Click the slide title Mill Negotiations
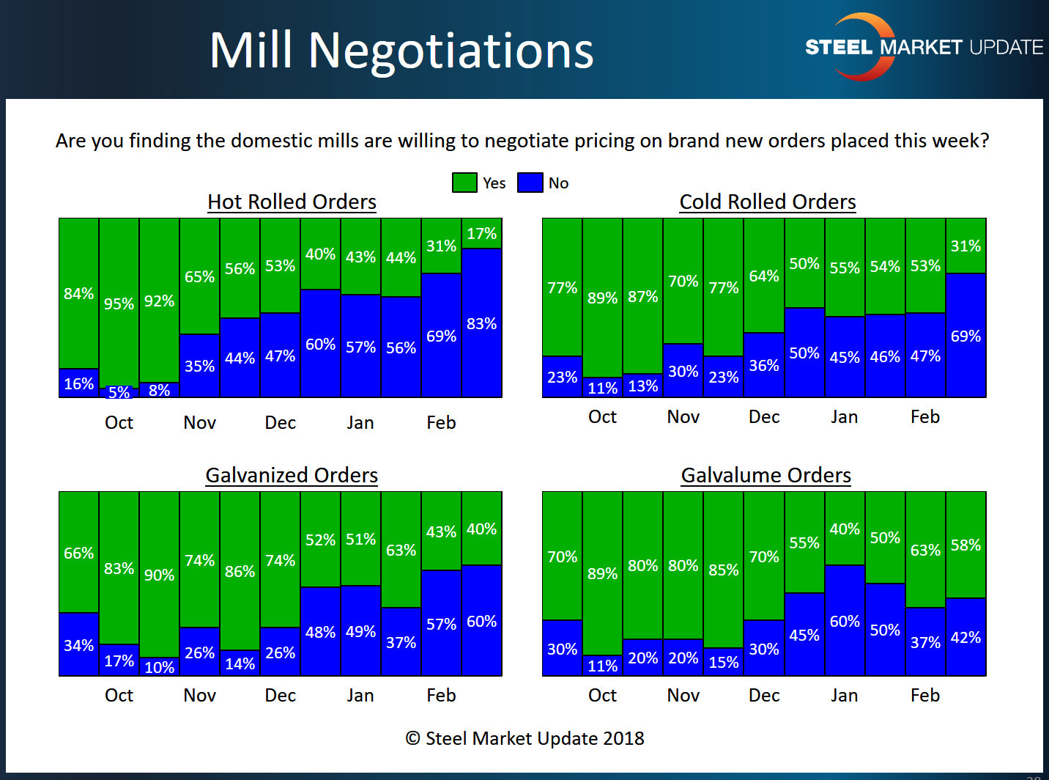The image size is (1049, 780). click(x=401, y=51)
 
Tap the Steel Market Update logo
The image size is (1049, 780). click(x=923, y=47)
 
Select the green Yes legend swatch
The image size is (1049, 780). click(x=464, y=183)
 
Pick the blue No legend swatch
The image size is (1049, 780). click(x=530, y=183)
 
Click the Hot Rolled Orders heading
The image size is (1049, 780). click(x=292, y=202)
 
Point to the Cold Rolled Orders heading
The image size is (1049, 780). click(x=768, y=202)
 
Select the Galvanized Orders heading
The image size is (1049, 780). click(x=292, y=475)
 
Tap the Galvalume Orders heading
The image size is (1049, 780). click(x=766, y=475)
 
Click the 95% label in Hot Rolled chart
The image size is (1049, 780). click(x=119, y=303)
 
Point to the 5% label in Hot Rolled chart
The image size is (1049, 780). click(x=119, y=392)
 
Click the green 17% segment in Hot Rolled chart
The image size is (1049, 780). click(x=482, y=234)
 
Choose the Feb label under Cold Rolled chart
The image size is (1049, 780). click(x=924, y=417)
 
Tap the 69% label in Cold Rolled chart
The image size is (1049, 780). click(x=965, y=336)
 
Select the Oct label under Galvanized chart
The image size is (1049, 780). click(x=119, y=695)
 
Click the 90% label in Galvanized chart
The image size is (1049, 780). click(x=159, y=575)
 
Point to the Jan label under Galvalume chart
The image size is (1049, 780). click(x=844, y=695)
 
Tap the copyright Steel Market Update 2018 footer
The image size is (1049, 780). click(x=524, y=738)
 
